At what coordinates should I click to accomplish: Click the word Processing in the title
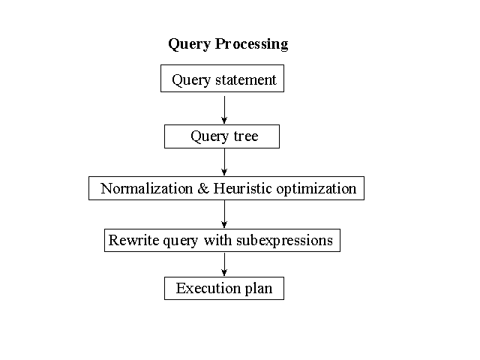point(251,44)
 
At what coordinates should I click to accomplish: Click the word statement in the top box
point(246,80)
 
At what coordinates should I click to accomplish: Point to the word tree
point(246,136)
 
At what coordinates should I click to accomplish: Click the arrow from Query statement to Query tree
point(224,110)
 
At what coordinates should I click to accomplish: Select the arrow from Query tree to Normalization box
point(224,162)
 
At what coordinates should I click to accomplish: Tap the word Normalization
point(147,188)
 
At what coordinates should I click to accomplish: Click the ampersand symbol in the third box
point(203,188)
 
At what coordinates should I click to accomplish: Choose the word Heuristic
point(243,188)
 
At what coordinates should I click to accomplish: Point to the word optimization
point(316,189)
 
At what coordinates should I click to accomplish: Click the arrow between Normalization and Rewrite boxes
point(224,214)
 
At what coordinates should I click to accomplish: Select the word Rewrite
point(133,240)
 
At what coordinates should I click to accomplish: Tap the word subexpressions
point(284,241)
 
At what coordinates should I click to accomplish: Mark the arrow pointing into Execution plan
point(224,265)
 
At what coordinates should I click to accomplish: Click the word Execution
point(208,288)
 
